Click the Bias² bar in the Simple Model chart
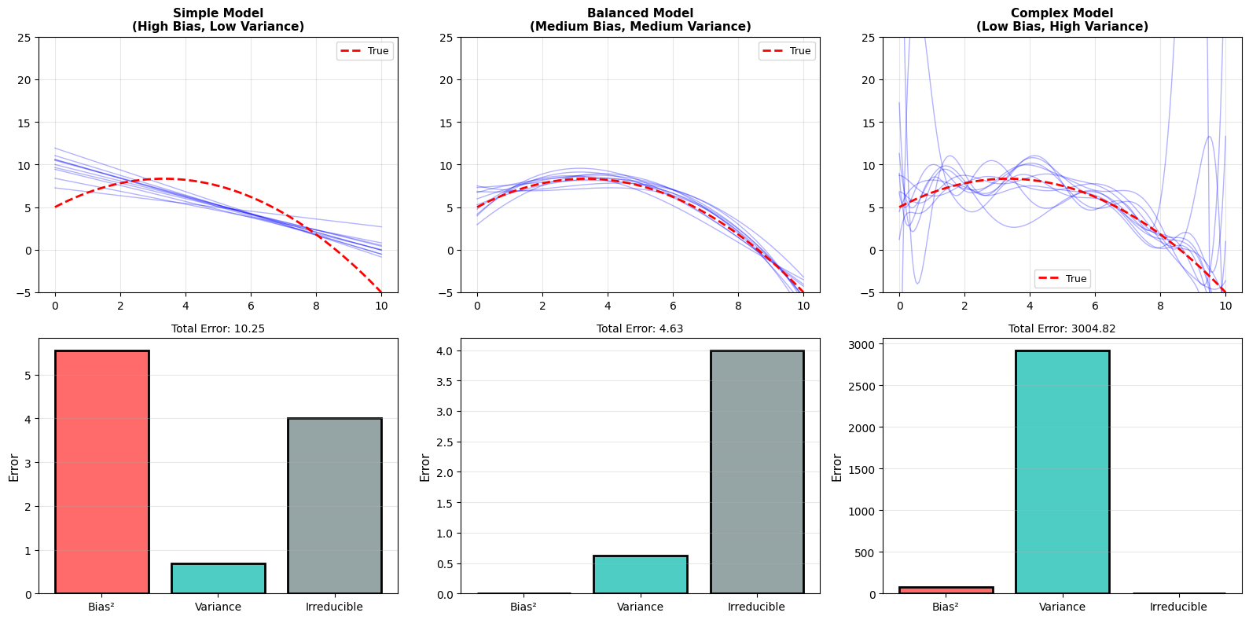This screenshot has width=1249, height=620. coord(101,471)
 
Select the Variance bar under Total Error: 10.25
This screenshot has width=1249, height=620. coord(218,578)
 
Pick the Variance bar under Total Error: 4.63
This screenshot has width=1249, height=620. coord(640,574)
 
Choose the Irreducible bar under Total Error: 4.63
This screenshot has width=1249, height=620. coord(756,471)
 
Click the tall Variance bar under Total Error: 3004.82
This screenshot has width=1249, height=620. coord(1062,471)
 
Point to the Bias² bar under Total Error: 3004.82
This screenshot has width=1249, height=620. coord(946,590)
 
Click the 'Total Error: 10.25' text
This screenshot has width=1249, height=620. coord(218,328)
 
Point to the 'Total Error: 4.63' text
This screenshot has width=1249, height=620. coord(640,328)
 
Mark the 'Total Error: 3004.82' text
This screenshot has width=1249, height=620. coord(1062,328)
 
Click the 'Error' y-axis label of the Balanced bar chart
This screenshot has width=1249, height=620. coord(425,468)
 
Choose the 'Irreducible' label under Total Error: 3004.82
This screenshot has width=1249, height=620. coord(1178,607)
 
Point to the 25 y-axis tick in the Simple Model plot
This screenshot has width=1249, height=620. coord(25,37)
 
